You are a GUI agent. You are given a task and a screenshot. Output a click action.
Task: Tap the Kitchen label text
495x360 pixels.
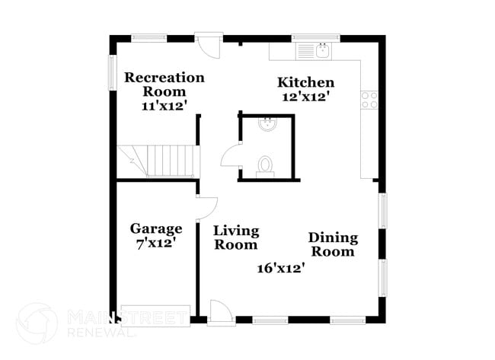pos(305,82)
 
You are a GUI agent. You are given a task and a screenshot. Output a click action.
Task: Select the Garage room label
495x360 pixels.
pos(155,228)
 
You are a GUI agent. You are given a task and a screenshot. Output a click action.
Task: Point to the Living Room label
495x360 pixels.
pos(235,237)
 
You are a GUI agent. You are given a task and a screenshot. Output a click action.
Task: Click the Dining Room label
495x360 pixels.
pos(333,244)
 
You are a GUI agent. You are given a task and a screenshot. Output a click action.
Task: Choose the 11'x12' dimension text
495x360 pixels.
pos(164,107)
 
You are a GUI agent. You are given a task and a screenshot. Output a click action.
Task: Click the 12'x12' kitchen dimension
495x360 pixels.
pos(305,97)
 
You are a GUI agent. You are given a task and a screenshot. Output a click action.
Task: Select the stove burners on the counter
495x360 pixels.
pos(369,99)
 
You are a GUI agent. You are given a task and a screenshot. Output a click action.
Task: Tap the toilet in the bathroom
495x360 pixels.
pos(266,165)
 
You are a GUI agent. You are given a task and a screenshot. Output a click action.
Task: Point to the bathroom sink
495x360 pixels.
pos(268,124)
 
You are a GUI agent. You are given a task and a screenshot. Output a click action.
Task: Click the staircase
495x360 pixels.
pos(158,161)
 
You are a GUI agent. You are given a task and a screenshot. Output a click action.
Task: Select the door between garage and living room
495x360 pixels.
pos(206,208)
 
